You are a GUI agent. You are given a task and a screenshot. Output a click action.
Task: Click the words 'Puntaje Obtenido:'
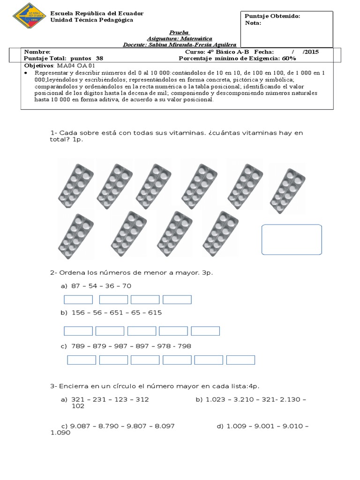272,16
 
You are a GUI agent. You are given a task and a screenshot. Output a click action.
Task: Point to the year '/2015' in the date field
310,52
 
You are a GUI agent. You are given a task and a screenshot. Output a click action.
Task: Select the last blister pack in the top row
287,187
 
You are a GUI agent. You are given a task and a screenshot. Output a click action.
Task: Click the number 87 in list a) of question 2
76,286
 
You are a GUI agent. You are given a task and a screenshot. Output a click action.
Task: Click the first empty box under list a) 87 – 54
78,300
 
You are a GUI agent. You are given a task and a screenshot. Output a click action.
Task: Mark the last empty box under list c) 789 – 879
240,360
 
